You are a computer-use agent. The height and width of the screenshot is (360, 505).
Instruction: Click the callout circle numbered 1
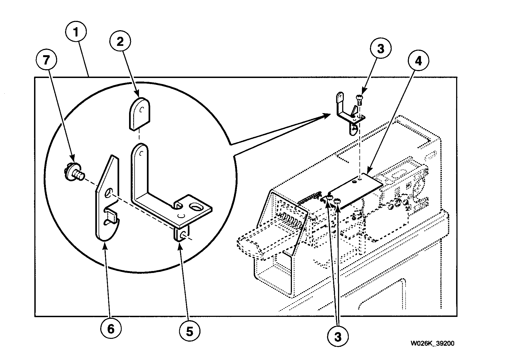point(76,33)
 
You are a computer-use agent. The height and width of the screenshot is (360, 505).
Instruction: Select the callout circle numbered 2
point(120,42)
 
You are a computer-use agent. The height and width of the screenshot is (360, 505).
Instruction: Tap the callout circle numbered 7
point(46,60)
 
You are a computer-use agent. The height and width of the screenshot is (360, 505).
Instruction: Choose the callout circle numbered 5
point(190,331)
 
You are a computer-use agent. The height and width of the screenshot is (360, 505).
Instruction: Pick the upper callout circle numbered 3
point(380,49)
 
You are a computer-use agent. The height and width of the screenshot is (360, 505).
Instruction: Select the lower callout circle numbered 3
point(338,337)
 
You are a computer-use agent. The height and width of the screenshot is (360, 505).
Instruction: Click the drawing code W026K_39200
point(432,344)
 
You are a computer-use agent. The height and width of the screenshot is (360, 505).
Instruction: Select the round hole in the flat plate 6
point(109,192)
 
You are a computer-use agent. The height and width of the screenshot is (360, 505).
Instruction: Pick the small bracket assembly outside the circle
point(349,114)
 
